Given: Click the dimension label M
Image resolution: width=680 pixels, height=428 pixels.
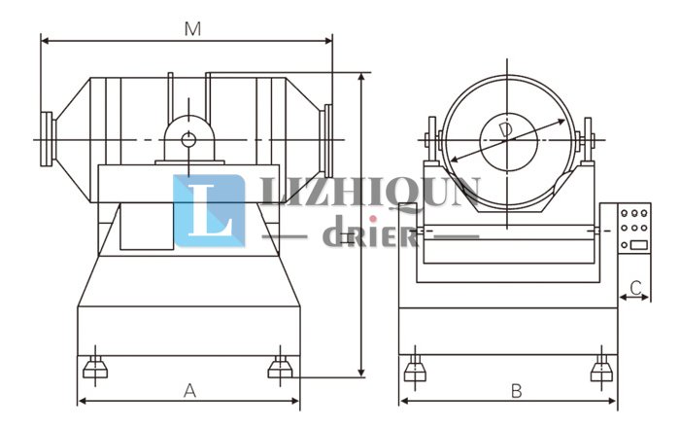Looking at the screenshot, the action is (192, 29).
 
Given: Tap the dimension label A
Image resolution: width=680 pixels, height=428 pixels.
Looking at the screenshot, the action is (189, 391).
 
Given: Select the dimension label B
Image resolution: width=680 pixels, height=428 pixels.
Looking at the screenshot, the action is (516, 391).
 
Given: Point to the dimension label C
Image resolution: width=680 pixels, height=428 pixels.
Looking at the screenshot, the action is (635, 288).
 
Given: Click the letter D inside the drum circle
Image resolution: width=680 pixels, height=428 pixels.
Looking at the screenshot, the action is (505, 129).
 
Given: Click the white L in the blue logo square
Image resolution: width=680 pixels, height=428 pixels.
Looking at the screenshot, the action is (211, 210).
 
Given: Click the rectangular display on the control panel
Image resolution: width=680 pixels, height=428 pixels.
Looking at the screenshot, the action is (638, 245).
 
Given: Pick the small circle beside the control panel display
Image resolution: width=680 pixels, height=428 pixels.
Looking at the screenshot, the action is (624, 245).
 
